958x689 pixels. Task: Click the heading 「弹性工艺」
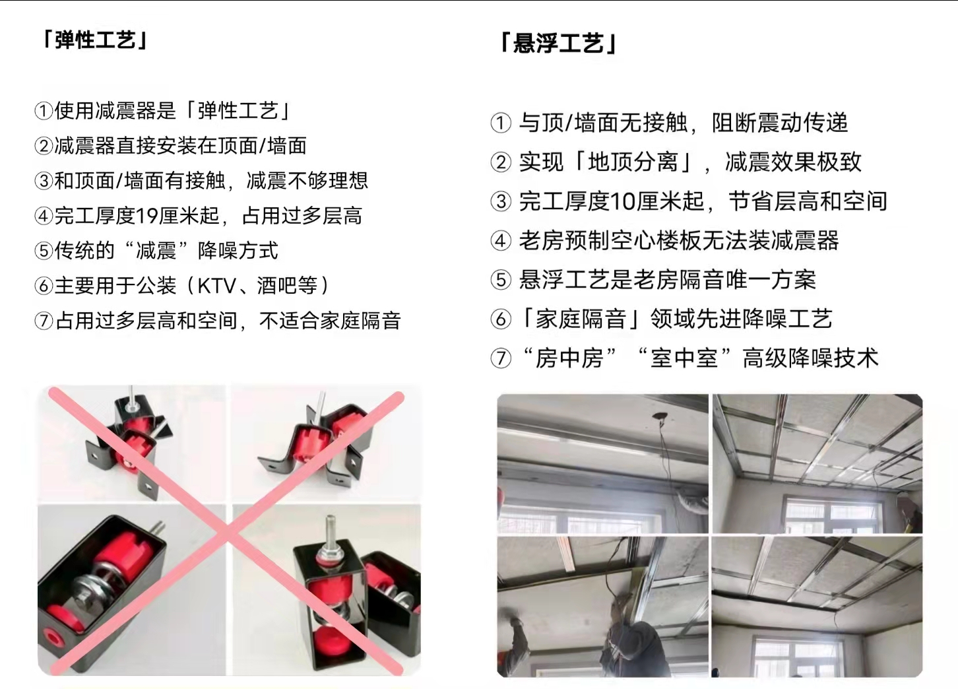pyautogui.click(x=96, y=41)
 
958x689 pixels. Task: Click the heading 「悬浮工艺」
pyautogui.click(x=559, y=44)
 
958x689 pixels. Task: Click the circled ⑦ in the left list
pyautogui.click(x=44, y=321)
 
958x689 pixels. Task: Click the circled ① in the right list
pyautogui.click(x=501, y=123)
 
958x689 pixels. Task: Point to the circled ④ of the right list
pyautogui.click(x=501, y=241)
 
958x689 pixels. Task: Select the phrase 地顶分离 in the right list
pyautogui.click(x=633, y=162)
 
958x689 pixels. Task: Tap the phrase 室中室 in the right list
pyautogui.click(x=684, y=358)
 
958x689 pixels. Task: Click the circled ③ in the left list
pyautogui.click(x=44, y=181)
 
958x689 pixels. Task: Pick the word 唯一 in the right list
pyautogui.click(x=748, y=280)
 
